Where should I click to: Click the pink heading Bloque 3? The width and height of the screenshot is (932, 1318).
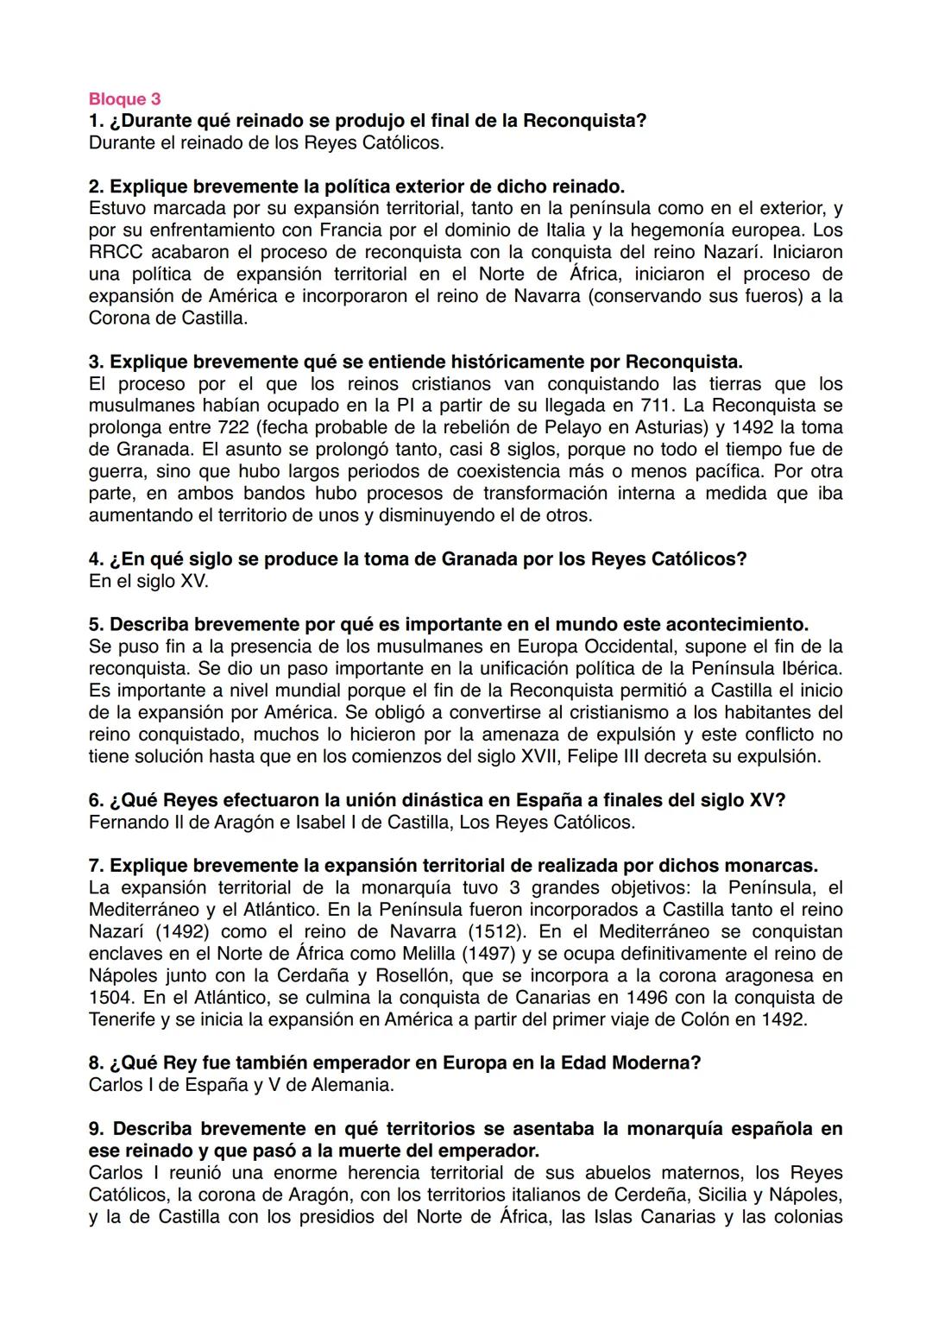point(124,99)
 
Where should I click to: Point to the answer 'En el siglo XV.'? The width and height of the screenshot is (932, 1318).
point(148,581)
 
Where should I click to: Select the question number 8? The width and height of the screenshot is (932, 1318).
point(95,1063)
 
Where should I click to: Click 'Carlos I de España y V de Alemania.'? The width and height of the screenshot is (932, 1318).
point(241,1085)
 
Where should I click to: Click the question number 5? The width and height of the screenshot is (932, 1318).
point(95,624)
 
